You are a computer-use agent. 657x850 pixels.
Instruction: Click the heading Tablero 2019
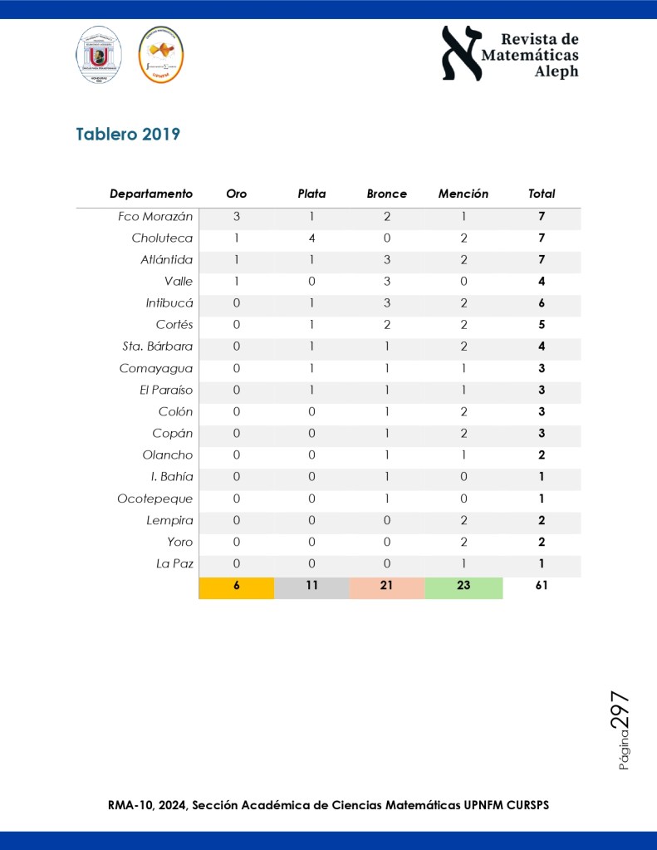click(128, 134)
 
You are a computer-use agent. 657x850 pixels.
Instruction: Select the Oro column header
click(237, 194)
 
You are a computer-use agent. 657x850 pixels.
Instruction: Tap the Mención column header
click(463, 194)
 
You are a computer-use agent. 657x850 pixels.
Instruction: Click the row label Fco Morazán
click(155, 217)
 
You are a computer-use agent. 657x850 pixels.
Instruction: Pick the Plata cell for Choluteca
click(312, 238)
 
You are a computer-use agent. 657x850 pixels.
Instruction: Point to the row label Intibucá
click(169, 303)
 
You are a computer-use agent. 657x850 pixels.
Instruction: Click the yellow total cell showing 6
click(237, 586)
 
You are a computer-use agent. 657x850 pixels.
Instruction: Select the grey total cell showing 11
click(312, 586)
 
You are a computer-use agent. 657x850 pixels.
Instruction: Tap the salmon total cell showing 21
click(387, 586)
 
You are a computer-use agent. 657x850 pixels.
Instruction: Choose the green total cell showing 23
click(463, 586)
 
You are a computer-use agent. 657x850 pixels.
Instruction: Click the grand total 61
click(542, 586)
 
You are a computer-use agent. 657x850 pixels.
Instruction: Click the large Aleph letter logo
click(462, 53)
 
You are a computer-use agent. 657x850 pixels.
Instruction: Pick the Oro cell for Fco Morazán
click(237, 217)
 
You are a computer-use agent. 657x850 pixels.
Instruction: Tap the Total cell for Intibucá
click(542, 303)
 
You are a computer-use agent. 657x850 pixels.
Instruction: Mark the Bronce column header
click(387, 194)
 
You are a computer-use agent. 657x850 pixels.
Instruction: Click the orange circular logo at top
click(160, 55)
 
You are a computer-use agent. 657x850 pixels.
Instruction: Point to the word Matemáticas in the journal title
click(530, 55)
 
